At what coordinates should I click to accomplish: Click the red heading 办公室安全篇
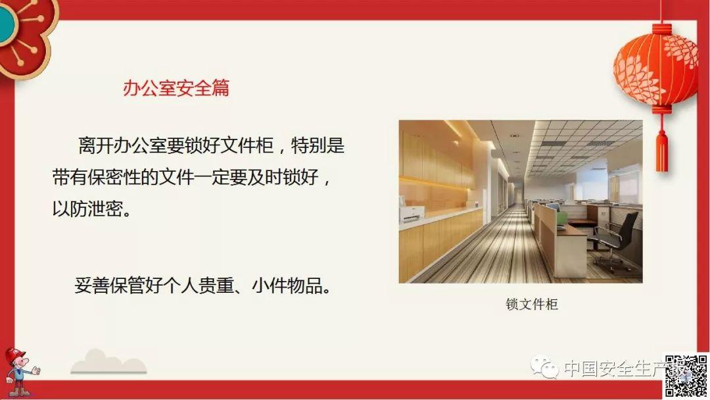coord(176,88)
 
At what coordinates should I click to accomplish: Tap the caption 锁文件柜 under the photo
coord(532,305)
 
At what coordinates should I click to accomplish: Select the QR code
coord(686,375)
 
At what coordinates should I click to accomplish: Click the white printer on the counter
coord(412,214)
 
